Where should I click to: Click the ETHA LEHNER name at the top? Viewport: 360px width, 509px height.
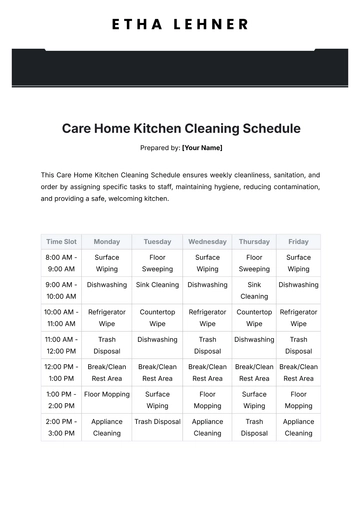tap(180, 22)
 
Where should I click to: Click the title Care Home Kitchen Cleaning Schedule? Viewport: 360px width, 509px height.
tap(180, 129)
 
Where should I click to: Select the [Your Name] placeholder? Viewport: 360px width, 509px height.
tap(202, 148)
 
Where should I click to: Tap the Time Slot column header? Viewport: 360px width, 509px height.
tap(61, 241)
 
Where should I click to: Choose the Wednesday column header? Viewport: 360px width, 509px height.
tap(207, 241)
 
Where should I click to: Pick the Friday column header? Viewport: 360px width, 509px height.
tap(298, 241)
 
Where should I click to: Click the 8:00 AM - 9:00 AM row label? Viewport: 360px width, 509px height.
tap(61, 263)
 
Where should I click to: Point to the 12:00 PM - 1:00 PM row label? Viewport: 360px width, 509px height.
tap(61, 373)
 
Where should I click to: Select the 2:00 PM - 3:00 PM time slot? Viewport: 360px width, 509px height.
tap(61, 427)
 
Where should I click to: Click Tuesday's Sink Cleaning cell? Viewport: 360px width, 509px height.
tap(157, 285)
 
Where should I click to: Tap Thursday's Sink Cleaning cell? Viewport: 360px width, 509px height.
tap(254, 290)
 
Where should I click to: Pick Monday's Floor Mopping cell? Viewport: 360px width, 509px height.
tap(107, 395)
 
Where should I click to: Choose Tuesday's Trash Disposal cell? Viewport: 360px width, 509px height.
tap(157, 422)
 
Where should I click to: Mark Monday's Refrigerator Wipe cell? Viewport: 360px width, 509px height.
tap(107, 318)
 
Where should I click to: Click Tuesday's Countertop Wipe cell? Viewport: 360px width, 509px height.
tap(157, 318)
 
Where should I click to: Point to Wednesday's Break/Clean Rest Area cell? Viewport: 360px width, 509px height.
tap(207, 373)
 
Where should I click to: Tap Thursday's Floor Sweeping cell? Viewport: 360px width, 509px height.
tap(254, 263)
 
